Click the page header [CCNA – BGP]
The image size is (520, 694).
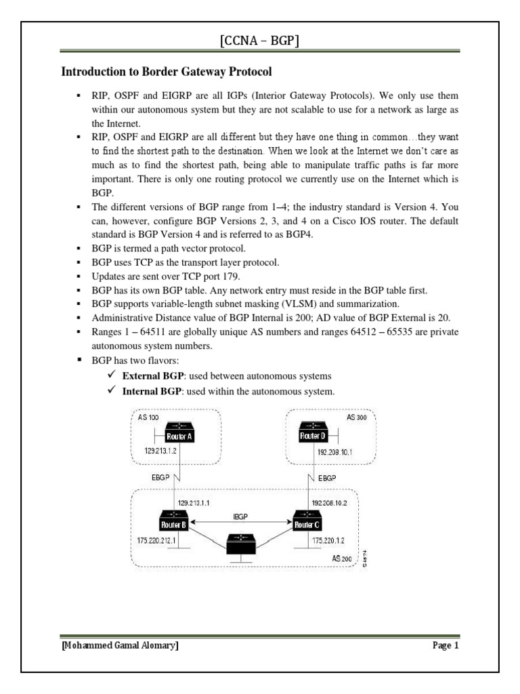point(259,42)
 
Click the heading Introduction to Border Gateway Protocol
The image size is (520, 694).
point(167,70)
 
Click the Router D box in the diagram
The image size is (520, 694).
point(313,436)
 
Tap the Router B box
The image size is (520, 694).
point(173,524)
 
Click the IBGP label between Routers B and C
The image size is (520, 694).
point(240,516)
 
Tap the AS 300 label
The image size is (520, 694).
point(356,418)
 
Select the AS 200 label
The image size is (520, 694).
point(342,558)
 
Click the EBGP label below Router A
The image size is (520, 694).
point(161,477)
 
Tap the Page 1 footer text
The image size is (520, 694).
point(446,645)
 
